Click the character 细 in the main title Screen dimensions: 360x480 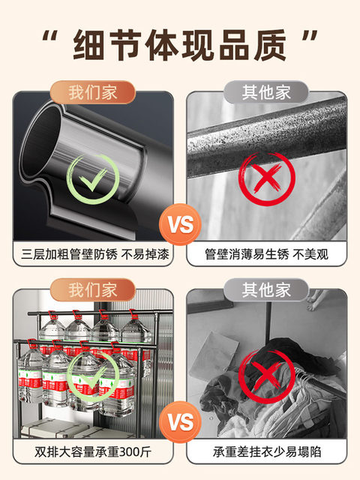click(x=89, y=45)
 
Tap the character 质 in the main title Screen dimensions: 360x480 click(x=270, y=45)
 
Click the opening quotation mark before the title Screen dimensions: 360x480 click(x=50, y=36)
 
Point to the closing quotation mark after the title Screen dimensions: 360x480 click(x=310, y=36)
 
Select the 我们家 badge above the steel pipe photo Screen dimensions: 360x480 click(x=93, y=92)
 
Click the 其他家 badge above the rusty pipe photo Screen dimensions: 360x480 click(x=266, y=92)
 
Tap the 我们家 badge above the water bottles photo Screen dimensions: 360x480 click(x=93, y=290)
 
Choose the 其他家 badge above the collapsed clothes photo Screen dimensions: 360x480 click(x=266, y=290)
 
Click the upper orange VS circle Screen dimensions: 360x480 click(x=180, y=224)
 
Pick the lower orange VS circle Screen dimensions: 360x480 click(x=180, y=422)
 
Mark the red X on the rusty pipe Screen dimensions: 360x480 click(x=267, y=178)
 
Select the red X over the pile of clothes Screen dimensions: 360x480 click(x=267, y=376)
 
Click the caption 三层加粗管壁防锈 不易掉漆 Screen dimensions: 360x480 click(x=95, y=254)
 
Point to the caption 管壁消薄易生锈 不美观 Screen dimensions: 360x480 click(x=267, y=254)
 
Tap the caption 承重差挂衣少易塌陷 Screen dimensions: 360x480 click(x=267, y=452)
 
